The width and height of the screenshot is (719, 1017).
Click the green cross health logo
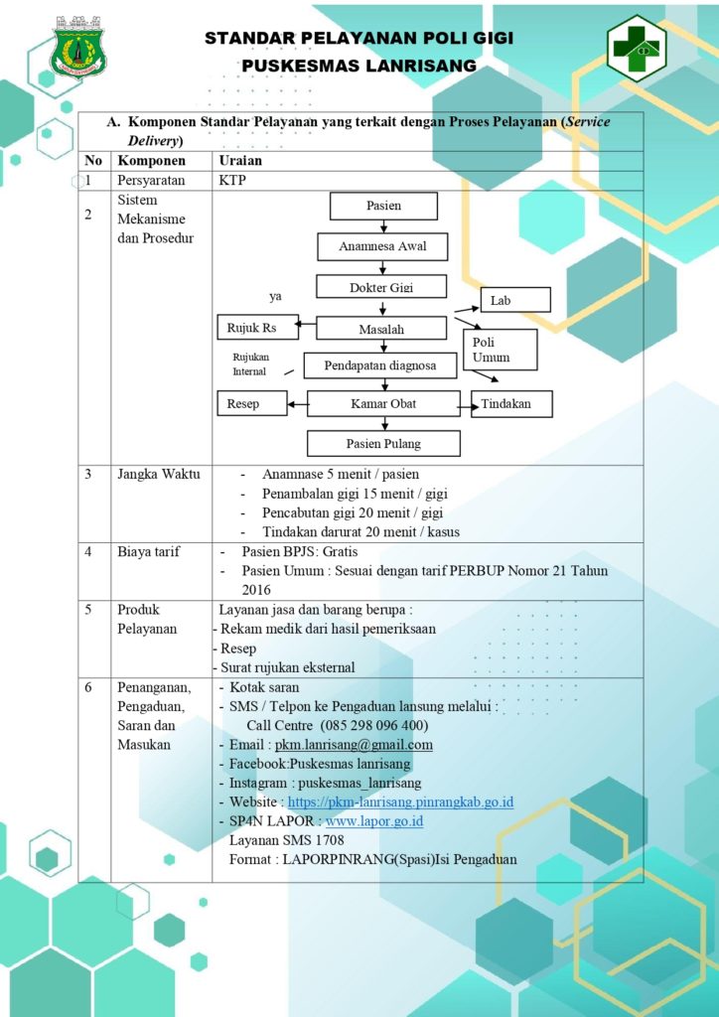[x=637, y=48]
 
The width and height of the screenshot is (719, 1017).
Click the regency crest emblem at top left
[x=79, y=47]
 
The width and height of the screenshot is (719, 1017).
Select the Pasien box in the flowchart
[x=383, y=207]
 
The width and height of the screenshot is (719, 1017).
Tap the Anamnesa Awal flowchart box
[x=382, y=246]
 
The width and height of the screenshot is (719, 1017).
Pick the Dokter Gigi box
[x=382, y=286]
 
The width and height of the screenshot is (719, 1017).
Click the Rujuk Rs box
[x=258, y=328]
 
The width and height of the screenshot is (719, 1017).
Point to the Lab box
[x=515, y=300]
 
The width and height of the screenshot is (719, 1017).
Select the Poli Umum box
[x=500, y=350]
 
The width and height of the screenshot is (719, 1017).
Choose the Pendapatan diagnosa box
[x=380, y=365]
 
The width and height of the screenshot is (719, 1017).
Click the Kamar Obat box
[x=383, y=403]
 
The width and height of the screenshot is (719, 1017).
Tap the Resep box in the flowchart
[x=252, y=403]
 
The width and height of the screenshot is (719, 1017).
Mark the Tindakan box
[x=511, y=403]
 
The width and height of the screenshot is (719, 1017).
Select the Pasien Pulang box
[x=383, y=444]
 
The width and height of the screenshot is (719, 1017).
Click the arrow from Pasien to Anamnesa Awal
[x=383, y=226]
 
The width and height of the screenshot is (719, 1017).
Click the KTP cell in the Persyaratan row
[x=232, y=181]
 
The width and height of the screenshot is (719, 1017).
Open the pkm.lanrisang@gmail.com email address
[x=354, y=745]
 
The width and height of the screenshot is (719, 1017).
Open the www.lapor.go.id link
[x=374, y=821]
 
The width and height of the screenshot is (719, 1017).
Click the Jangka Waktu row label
[x=159, y=474]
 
